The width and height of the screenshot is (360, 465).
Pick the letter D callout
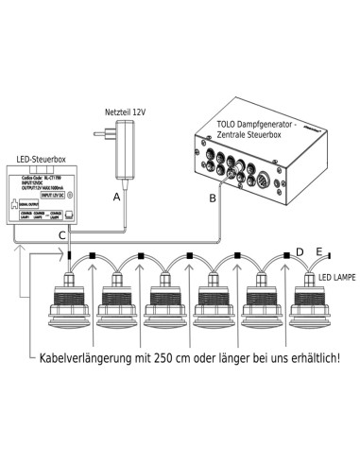coord(300,251)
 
